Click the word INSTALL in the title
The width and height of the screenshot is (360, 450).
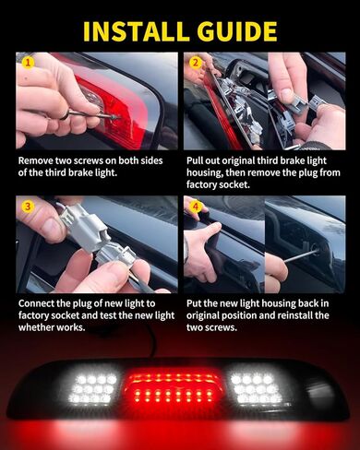point(136,31)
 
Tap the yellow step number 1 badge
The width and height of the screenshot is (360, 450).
point(28,63)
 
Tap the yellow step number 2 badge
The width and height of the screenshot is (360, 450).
point(196,63)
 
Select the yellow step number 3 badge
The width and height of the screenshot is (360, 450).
point(28,207)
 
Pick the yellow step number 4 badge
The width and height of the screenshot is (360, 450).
point(196,207)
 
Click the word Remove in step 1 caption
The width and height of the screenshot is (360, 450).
point(36,160)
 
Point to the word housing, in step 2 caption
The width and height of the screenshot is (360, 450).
point(205,172)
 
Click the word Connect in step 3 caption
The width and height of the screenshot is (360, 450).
point(35,303)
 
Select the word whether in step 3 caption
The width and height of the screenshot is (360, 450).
point(36,327)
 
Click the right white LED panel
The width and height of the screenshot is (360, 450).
point(257,388)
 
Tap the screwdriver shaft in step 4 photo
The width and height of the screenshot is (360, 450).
point(300,256)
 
